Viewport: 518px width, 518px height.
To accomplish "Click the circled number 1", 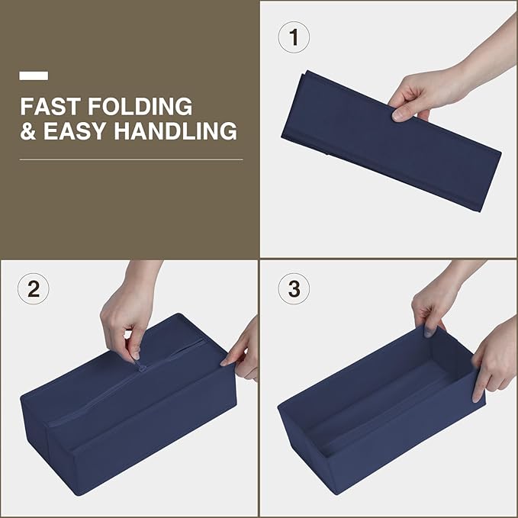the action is click(294, 37).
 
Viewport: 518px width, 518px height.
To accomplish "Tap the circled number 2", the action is click(34, 288).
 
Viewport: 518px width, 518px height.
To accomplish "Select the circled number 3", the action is click(294, 288).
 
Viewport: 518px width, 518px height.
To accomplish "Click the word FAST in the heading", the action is click(50, 106).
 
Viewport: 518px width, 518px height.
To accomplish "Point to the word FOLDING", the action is click(140, 106).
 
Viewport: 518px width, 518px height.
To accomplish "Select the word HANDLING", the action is click(175, 130).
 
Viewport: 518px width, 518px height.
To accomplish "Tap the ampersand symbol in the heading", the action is click(27, 130).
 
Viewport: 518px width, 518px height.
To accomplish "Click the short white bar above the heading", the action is click(34, 76).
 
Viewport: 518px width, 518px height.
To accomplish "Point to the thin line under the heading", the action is click(131, 160).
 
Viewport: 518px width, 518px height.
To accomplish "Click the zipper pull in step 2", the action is click(140, 366).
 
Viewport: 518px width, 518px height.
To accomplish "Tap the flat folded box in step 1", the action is click(391, 140).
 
